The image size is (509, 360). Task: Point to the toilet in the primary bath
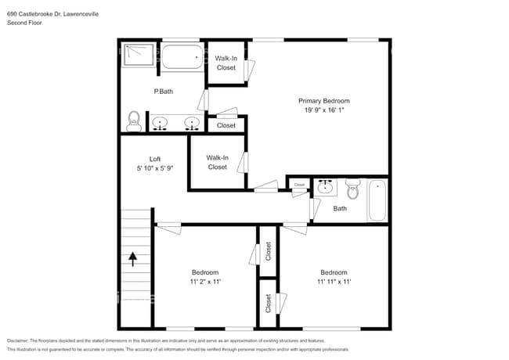pos(134,121)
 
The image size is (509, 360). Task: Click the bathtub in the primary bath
pos(182,57)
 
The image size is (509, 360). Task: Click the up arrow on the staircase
pos(132,259)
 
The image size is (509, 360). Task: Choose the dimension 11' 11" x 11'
pos(334,282)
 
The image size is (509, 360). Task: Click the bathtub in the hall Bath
pos(377,200)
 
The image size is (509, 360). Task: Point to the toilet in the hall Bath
pos(352,188)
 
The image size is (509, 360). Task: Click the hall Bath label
pos(340,209)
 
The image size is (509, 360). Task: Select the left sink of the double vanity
pos(160,123)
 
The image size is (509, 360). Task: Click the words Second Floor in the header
pos(25,23)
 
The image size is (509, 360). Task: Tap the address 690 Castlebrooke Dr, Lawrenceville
pos(59,14)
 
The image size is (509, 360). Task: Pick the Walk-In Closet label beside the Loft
pos(217,162)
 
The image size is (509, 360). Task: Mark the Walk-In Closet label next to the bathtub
pos(226,63)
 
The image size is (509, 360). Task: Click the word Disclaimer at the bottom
pos(21,341)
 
